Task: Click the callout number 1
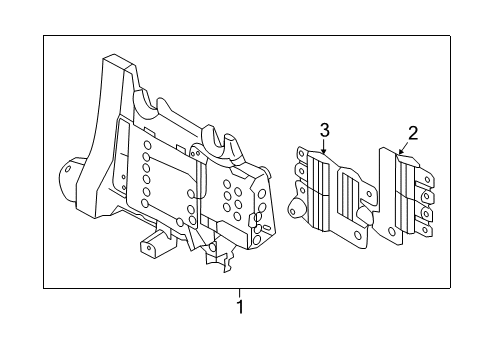[239, 305]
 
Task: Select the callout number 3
[324, 129]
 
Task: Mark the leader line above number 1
[239, 292]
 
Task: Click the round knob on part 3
[295, 208]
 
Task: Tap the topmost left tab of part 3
[300, 151]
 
